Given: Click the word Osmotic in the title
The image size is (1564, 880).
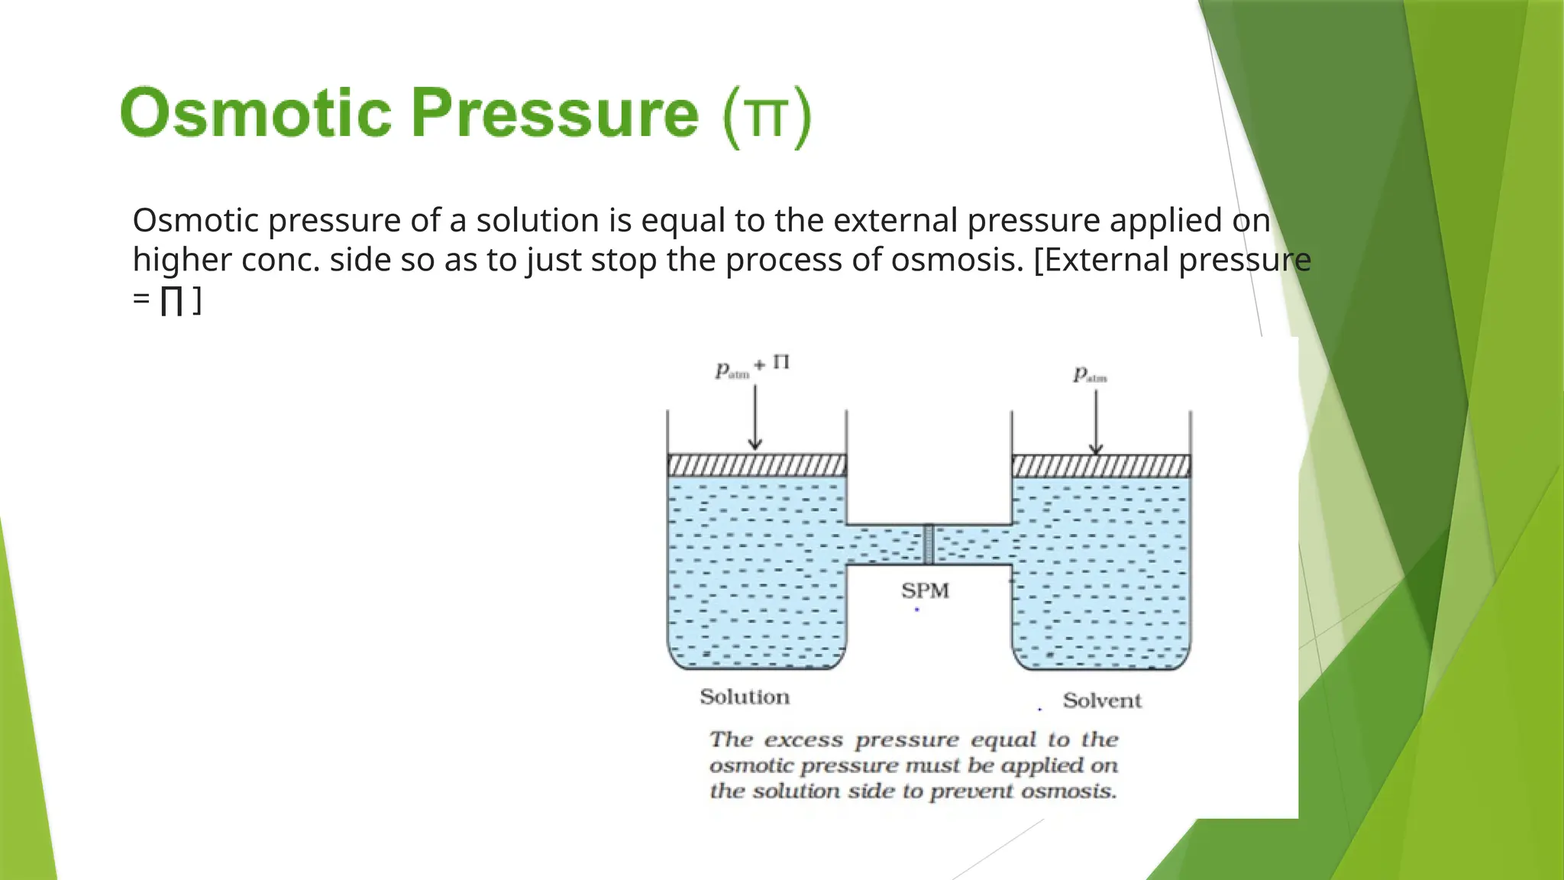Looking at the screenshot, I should tap(255, 114).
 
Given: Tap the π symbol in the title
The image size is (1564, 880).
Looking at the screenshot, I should tap(766, 118).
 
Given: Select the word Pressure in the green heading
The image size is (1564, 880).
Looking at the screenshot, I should tap(554, 114).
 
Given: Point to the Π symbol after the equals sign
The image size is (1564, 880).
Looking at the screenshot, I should tap(171, 300).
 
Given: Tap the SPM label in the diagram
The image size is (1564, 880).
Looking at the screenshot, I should tap(924, 590).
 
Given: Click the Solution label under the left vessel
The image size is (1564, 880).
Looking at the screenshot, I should tap(744, 697).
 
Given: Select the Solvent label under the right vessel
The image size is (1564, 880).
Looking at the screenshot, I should tap(1101, 700).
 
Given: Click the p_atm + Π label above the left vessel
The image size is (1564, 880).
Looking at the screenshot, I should tap(751, 367).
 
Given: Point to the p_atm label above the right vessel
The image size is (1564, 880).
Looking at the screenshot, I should tap(1090, 374).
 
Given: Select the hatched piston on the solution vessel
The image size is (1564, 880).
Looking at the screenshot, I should tap(757, 465).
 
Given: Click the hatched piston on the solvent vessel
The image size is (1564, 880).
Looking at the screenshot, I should tap(1100, 466).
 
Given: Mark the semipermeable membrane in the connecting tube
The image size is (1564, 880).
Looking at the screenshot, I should tap(929, 544).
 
